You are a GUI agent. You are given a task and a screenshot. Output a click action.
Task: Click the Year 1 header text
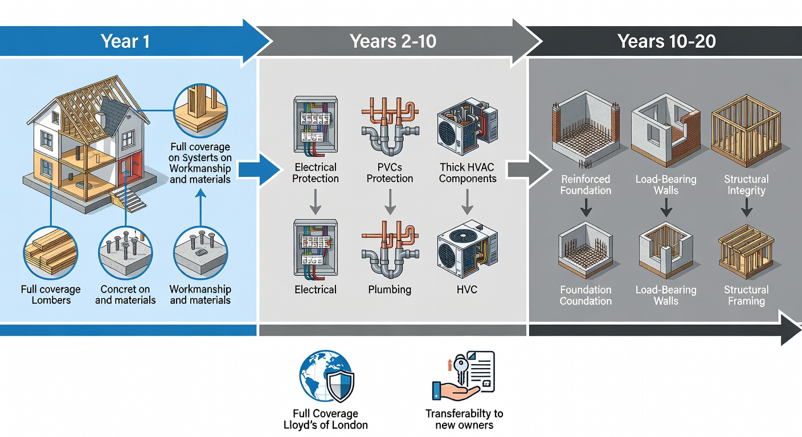125,41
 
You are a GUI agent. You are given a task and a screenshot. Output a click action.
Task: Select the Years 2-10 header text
393,41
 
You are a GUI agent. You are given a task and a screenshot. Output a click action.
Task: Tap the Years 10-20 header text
666,41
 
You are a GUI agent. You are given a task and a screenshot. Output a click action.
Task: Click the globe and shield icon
327,376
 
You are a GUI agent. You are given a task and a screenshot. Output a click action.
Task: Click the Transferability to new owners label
464,419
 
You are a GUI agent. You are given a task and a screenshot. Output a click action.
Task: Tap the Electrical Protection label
316,173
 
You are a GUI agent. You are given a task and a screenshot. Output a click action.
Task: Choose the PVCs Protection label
390,173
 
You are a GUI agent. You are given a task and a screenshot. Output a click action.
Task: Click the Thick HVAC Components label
468,173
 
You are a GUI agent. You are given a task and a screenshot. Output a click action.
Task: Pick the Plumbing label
390,290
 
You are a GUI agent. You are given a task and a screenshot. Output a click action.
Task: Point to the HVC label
467,290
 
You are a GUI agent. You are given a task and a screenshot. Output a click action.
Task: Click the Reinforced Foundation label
586,185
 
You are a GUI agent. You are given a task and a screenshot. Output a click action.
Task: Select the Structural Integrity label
746,185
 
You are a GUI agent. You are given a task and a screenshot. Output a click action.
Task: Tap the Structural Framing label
746,295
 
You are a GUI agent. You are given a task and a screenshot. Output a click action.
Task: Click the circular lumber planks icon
50,250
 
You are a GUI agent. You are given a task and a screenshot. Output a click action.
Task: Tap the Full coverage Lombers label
51,295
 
